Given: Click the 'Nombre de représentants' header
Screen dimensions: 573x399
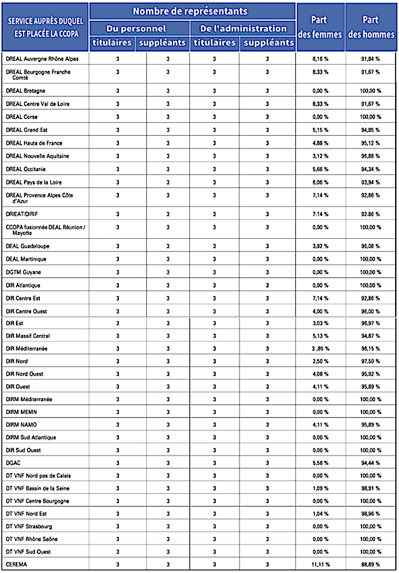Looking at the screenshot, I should tap(190, 11).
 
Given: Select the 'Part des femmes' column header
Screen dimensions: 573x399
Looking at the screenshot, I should tap(320, 27).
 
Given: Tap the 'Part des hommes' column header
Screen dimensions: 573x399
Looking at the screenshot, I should tap(371, 27).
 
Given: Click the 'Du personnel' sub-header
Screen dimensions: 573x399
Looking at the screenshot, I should tap(136, 29).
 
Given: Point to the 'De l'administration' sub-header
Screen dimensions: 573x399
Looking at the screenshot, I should tap(243, 29).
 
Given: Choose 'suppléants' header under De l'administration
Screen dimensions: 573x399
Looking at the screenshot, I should tap(269, 43).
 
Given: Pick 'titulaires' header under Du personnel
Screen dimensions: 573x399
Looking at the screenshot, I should tap(112, 43).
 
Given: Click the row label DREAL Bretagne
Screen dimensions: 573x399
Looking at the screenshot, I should tap(26, 91).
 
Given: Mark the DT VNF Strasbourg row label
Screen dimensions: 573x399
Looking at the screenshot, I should tap(29, 527).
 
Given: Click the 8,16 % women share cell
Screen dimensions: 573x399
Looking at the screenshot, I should tap(321, 59).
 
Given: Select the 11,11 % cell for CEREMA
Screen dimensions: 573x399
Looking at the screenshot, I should tap(321, 565).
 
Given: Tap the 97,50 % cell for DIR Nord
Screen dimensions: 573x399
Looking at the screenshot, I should tap(371, 361).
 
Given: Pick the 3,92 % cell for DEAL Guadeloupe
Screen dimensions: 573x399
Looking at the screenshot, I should tap(321, 246).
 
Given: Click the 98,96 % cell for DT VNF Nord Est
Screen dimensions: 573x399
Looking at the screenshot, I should tap(371, 514).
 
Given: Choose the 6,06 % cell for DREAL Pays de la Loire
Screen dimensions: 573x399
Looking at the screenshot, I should tap(321, 182).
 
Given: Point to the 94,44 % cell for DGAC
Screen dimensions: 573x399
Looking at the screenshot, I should tap(371, 463).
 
